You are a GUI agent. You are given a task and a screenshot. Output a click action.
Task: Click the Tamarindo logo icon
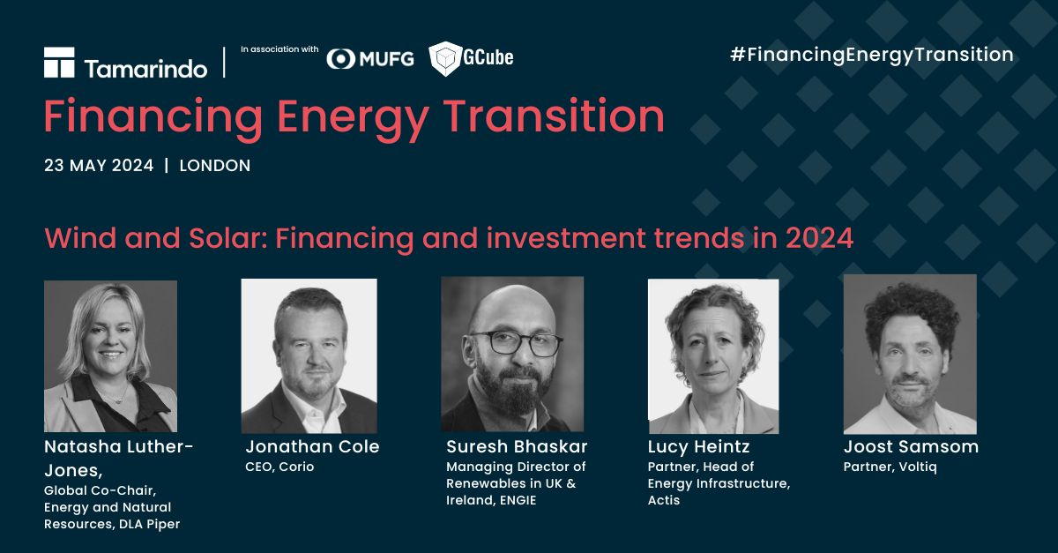[59, 63]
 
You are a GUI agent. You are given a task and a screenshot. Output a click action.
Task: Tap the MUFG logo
[370, 58]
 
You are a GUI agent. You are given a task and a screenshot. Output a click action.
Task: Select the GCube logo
[471, 58]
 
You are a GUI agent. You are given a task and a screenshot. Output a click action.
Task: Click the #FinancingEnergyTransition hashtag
[872, 55]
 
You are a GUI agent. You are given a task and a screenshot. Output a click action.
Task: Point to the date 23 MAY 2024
[99, 166]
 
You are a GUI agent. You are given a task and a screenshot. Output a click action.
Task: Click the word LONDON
[214, 166]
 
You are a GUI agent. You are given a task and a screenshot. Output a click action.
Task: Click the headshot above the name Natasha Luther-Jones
[110, 356]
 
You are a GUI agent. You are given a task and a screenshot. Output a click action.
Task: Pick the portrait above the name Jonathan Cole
[309, 356]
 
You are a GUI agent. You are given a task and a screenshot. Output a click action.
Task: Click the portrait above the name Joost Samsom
[910, 354]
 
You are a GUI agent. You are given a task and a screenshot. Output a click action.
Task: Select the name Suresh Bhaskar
[517, 446]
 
